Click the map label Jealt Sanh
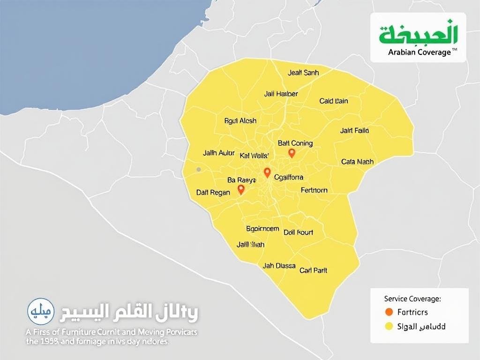303,73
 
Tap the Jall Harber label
281,94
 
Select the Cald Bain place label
334,101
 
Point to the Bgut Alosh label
240,121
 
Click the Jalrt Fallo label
354,130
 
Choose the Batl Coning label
295,143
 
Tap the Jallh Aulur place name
218,153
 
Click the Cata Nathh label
357,162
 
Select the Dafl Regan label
214,192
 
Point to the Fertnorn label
314,190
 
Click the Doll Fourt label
299,232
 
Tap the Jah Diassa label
279,265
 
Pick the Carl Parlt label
313,270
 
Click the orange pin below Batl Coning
292,153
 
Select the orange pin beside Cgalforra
267,172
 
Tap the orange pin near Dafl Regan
241,189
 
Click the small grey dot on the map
199,169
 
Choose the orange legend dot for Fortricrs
388,312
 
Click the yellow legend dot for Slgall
388,326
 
